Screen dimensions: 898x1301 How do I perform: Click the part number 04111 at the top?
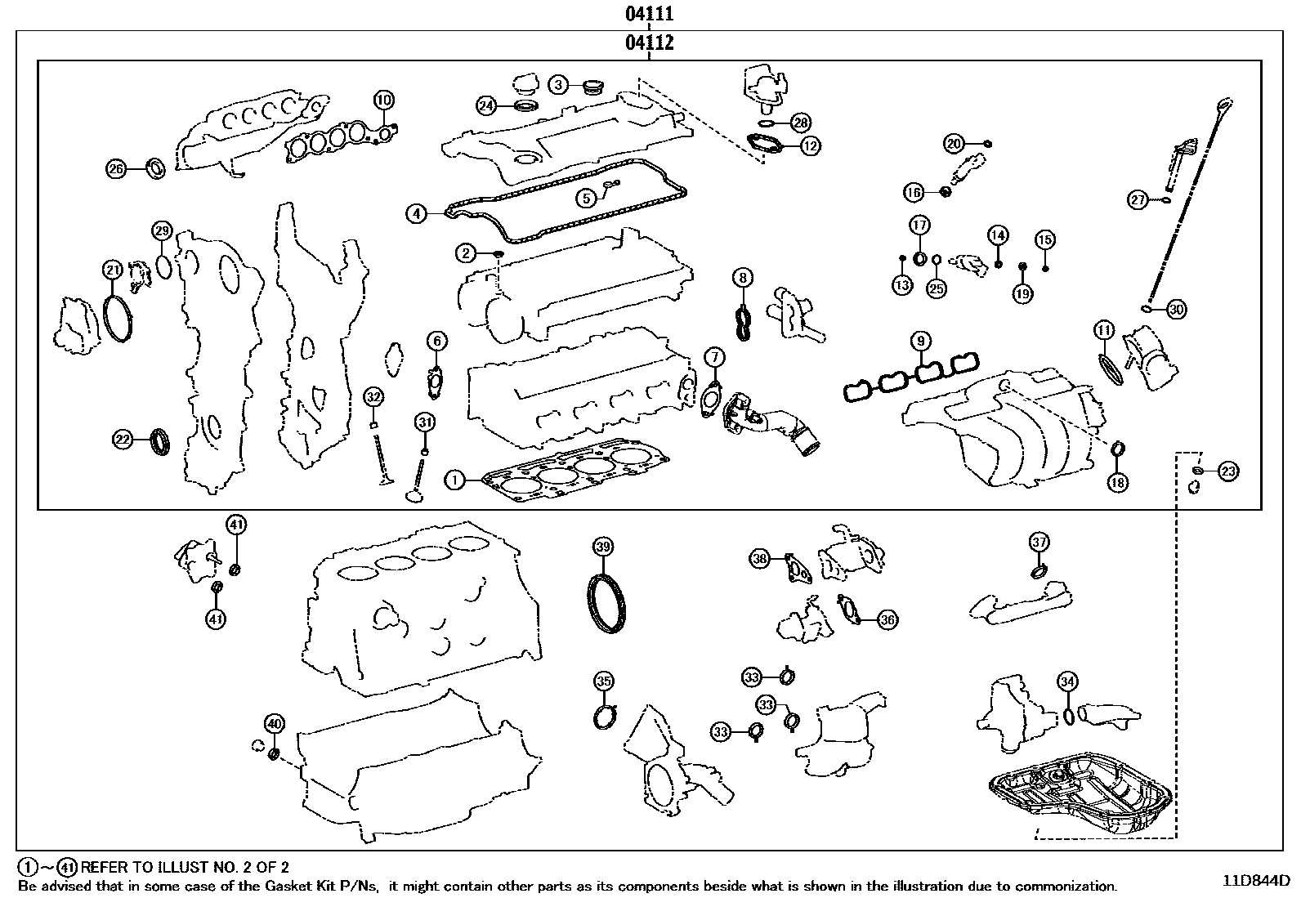click(650, 14)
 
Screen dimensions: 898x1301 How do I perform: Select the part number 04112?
click(650, 42)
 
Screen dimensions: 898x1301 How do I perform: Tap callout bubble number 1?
click(454, 480)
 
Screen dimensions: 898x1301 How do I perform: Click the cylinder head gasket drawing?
click(572, 476)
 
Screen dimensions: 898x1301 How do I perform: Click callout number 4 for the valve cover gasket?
click(417, 214)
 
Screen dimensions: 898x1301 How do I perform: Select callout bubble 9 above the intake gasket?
click(920, 340)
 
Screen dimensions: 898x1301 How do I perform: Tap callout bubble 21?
click(112, 269)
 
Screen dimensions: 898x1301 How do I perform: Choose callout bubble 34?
click(1066, 681)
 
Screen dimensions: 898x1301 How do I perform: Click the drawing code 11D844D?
click(1256, 881)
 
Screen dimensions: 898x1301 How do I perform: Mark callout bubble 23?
click(1228, 471)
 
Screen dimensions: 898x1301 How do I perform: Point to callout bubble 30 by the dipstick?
click(1176, 310)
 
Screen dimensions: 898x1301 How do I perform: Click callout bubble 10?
click(383, 101)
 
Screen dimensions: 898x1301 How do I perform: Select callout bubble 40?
click(274, 723)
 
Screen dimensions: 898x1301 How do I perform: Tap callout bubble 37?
click(1039, 542)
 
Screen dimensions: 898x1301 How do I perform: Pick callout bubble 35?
click(603, 681)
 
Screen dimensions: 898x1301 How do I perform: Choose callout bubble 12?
click(810, 146)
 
